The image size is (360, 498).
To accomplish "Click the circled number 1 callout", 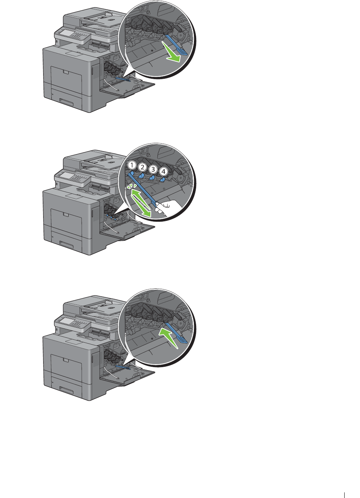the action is pos(132,165).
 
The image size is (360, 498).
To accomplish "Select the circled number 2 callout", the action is pos(142,167).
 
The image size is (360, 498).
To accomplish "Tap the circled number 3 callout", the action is pos(153,169).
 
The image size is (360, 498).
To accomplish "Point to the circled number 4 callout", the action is pos(163,171).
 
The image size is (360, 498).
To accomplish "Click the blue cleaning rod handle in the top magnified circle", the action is pos(183,52).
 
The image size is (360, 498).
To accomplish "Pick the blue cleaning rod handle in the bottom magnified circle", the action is pos(183,340).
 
